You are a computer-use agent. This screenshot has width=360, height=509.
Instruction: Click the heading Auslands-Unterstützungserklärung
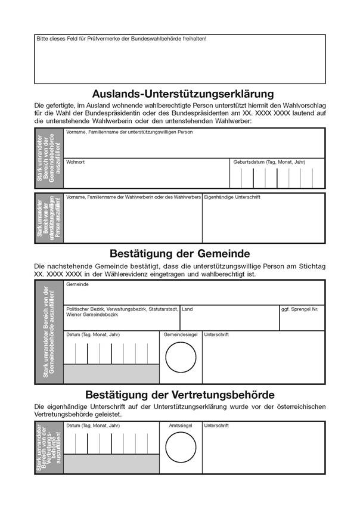coord(182,94)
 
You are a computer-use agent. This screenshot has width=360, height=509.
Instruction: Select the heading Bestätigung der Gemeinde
coord(179,253)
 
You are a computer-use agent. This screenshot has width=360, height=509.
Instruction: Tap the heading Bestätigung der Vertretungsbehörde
coord(179,395)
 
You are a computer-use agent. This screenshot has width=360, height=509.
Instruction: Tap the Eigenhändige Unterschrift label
coord(232,197)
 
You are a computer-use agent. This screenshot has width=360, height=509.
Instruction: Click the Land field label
coord(188,309)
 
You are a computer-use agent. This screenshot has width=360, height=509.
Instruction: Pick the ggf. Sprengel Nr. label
coord(299,309)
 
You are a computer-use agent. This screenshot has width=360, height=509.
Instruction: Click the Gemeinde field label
coord(77,285)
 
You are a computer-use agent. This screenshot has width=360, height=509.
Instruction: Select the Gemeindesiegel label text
coord(181,335)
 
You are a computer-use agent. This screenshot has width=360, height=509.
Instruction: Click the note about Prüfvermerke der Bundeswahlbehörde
coord(122,39)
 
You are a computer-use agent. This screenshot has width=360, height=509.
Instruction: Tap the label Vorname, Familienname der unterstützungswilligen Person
coord(129,132)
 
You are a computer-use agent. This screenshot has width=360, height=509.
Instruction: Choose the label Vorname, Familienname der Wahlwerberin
coord(134,197)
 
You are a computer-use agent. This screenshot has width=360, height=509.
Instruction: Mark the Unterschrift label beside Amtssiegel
coord(216,426)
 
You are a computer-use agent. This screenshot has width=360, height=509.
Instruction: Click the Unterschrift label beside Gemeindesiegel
coord(216,335)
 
